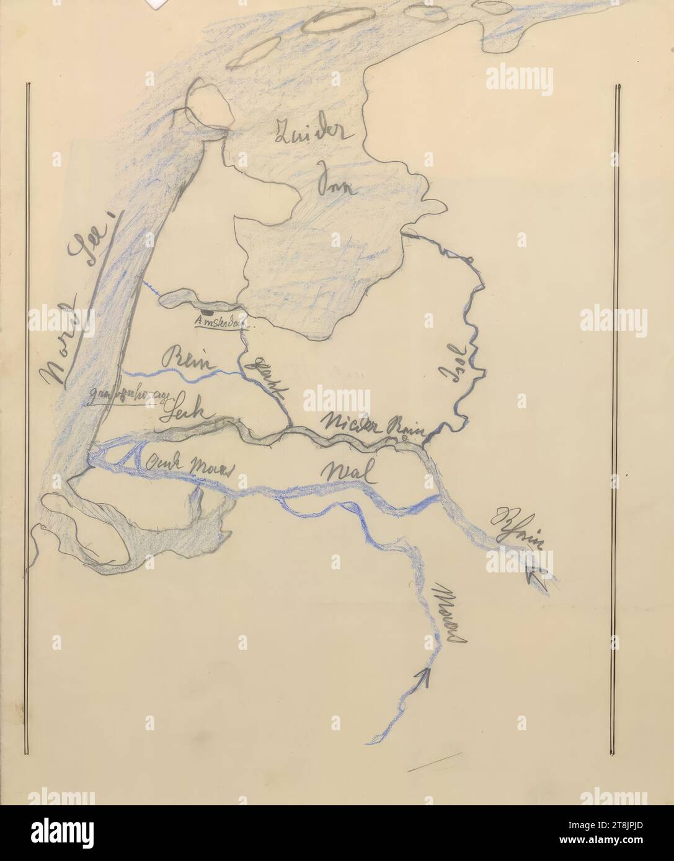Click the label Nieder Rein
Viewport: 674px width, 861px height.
(x=372, y=425)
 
